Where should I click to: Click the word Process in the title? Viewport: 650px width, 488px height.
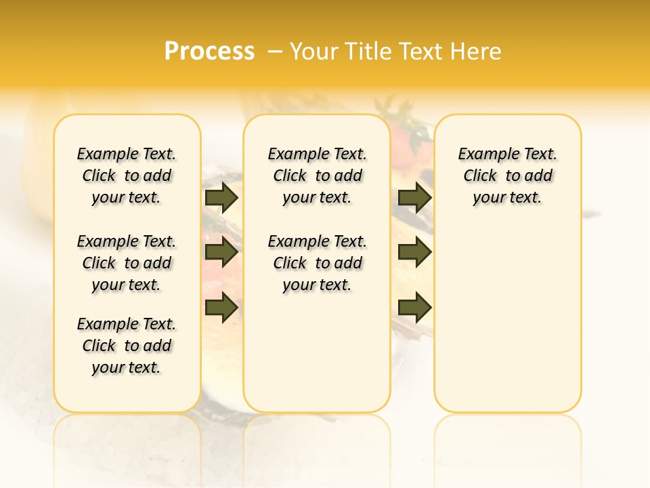[209, 52]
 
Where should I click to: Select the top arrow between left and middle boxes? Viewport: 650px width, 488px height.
[221, 197]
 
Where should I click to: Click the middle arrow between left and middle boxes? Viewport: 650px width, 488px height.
[221, 253]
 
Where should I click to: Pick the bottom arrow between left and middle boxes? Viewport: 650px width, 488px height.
[221, 308]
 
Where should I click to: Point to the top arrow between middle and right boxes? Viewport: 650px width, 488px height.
[414, 197]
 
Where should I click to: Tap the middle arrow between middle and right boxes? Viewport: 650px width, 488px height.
[414, 253]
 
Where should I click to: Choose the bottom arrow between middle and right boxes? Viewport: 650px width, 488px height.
[414, 308]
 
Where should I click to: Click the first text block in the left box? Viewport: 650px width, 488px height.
[127, 176]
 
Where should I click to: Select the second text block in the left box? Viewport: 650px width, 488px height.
[127, 263]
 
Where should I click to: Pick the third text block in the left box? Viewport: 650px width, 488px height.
[127, 346]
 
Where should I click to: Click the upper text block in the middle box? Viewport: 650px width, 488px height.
[317, 176]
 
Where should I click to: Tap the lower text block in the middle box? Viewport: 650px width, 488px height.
[317, 263]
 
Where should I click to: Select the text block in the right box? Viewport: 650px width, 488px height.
[507, 176]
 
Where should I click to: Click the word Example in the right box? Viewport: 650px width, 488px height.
[483, 155]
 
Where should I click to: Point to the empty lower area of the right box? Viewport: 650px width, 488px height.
[507, 325]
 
